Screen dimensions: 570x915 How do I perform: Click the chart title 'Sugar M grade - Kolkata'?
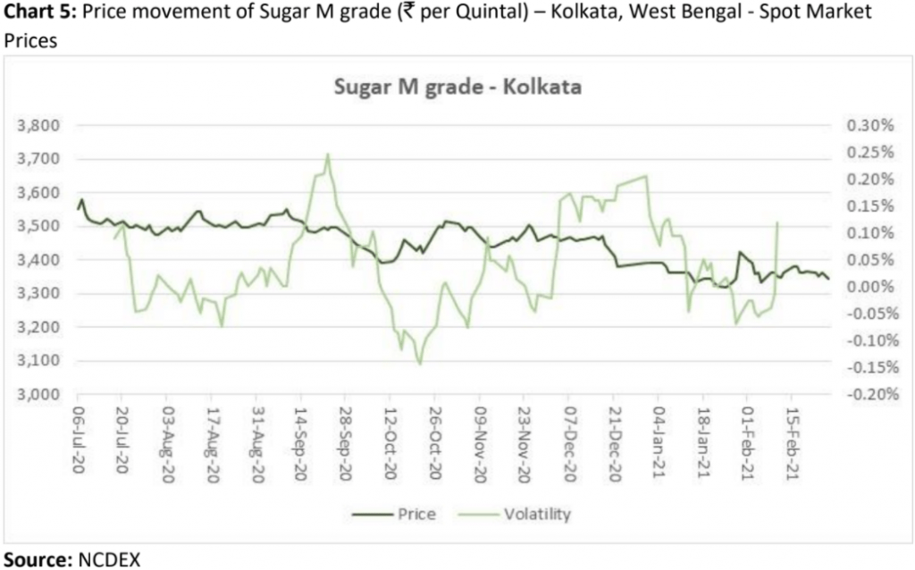point(457,88)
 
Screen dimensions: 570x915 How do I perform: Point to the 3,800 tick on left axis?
point(41,125)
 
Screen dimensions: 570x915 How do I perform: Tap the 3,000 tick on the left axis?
point(41,394)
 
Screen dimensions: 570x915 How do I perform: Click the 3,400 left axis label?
point(41,259)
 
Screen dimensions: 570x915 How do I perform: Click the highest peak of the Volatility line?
point(328,154)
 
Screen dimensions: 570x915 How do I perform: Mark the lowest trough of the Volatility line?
point(419,364)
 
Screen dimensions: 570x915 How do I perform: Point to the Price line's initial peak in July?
point(81,200)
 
